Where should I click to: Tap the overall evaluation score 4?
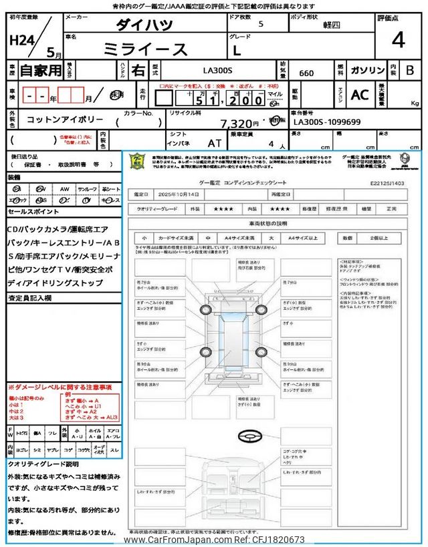tap(398, 41)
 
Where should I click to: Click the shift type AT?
tap(214, 143)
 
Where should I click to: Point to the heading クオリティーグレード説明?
tap(43, 464)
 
